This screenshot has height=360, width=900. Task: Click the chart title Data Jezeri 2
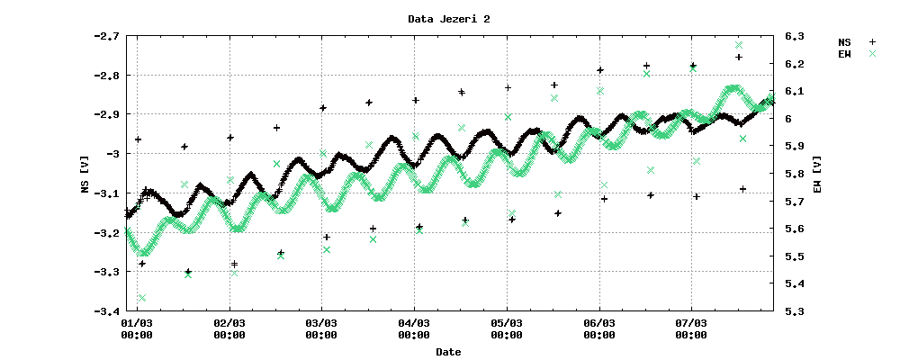click(x=449, y=18)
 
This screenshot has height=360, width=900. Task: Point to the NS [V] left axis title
click(x=85, y=174)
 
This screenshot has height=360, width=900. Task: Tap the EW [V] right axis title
click(x=815, y=174)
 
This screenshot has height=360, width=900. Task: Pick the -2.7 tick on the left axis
click(x=106, y=36)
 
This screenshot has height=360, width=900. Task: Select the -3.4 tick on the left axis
click(x=106, y=311)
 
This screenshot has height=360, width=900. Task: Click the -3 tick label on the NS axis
click(x=112, y=154)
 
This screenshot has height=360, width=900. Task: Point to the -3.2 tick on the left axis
click(x=106, y=233)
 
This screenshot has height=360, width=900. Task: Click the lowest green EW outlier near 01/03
click(x=142, y=298)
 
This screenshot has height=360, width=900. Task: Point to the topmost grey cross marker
click(x=739, y=44)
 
